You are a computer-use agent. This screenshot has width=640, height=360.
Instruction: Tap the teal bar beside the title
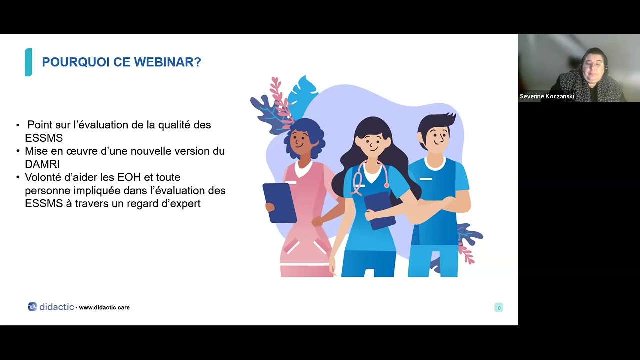coord(28,62)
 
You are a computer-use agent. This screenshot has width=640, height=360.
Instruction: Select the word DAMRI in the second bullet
coord(42,164)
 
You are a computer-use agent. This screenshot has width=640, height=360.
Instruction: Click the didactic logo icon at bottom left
coord(32,307)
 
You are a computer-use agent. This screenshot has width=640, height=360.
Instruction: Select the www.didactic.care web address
coord(104,307)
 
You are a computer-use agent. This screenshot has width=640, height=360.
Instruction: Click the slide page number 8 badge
coord(498,307)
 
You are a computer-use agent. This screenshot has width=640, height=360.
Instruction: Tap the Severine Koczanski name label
coord(546,96)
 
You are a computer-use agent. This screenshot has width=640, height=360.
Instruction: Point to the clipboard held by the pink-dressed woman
coord(279,202)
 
